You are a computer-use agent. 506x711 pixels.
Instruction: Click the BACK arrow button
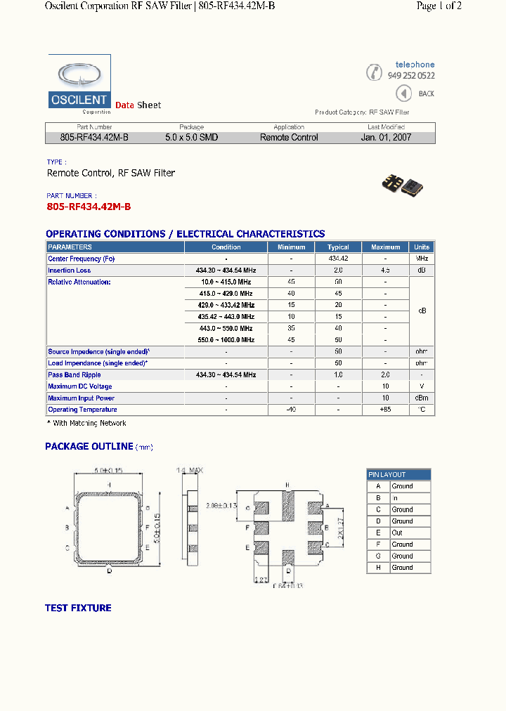coord(403,93)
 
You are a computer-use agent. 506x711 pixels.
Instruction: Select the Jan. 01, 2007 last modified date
coord(386,138)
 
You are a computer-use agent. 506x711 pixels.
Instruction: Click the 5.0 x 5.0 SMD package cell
coord(191,138)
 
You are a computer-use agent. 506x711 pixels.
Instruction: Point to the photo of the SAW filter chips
coord(401,183)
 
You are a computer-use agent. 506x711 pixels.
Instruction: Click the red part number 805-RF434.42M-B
coord(89,207)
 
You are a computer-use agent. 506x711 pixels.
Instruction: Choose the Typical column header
coord(338,247)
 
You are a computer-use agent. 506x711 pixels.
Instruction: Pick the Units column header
coord(422,247)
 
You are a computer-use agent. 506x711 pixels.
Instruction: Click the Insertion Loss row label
coord(70,270)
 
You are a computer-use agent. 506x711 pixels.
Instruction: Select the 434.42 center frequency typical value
coord(338,259)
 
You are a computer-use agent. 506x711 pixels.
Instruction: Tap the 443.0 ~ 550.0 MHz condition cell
coord(226,328)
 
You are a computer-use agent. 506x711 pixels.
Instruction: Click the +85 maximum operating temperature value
coord(385,410)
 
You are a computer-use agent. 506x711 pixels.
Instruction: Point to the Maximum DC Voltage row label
coord(80,386)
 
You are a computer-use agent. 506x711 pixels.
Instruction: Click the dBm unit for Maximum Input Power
coord(422,398)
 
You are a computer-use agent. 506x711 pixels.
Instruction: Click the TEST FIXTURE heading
coord(78,608)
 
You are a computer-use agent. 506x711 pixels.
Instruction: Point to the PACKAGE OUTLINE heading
coord(89,446)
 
